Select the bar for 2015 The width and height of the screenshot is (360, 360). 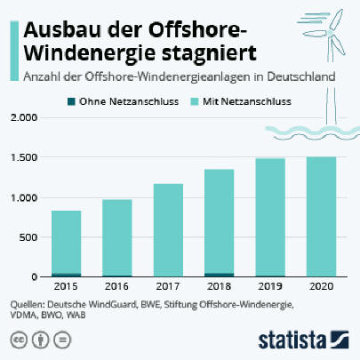(x=67, y=244)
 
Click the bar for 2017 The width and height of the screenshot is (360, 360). (x=168, y=230)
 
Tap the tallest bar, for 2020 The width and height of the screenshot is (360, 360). (x=321, y=217)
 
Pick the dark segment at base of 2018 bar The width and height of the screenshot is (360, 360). (x=220, y=275)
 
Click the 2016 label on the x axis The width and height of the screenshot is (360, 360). (x=117, y=286)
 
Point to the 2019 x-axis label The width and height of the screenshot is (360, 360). (x=270, y=286)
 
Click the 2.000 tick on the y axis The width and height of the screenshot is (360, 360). (x=24, y=117)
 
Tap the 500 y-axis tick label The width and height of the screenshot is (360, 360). (x=28, y=237)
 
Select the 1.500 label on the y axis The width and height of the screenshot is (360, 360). (x=24, y=157)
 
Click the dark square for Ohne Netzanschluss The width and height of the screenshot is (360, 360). (x=71, y=101)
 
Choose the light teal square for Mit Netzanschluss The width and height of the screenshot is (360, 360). (x=195, y=101)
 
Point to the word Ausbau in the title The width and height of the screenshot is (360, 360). (x=62, y=30)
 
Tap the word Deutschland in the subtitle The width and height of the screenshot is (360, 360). (x=301, y=76)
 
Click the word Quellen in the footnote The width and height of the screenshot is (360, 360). (x=28, y=305)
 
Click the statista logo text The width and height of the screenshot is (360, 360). (x=292, y=340)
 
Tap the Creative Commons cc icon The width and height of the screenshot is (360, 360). (x=19, y=340)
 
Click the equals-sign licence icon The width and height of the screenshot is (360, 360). (x=62, y=340)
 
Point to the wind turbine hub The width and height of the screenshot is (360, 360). (x=330, y=33)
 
